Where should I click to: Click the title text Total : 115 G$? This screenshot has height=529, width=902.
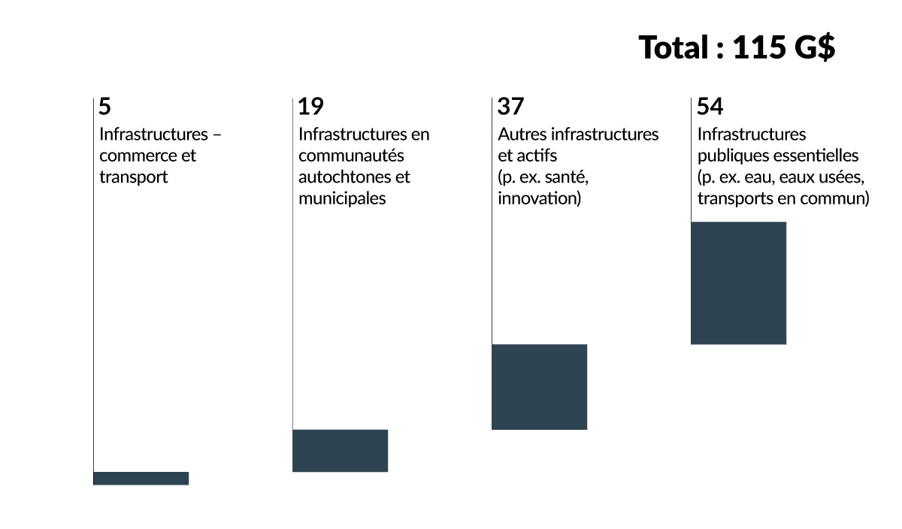click(737, 48)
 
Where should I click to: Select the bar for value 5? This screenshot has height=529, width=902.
click(141, 478)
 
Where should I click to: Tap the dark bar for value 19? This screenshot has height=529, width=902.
click(340, 451)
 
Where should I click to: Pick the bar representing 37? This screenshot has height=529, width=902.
click(539, 387)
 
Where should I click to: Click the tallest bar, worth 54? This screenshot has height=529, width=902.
click(738, 283)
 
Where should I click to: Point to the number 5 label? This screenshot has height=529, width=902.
click(104, 107)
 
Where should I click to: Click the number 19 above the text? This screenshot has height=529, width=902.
click(310, 107)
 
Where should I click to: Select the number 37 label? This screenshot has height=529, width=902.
click(510, 107)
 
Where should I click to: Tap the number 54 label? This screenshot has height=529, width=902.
click(710, 107)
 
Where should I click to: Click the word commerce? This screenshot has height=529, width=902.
click(133, 156)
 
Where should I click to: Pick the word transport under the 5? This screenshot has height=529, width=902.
click(133, 178)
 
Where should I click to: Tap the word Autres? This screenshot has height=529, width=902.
click(522, 135)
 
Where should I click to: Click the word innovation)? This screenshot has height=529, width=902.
click(539, 199)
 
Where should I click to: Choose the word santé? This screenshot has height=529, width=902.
click(568, 178)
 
